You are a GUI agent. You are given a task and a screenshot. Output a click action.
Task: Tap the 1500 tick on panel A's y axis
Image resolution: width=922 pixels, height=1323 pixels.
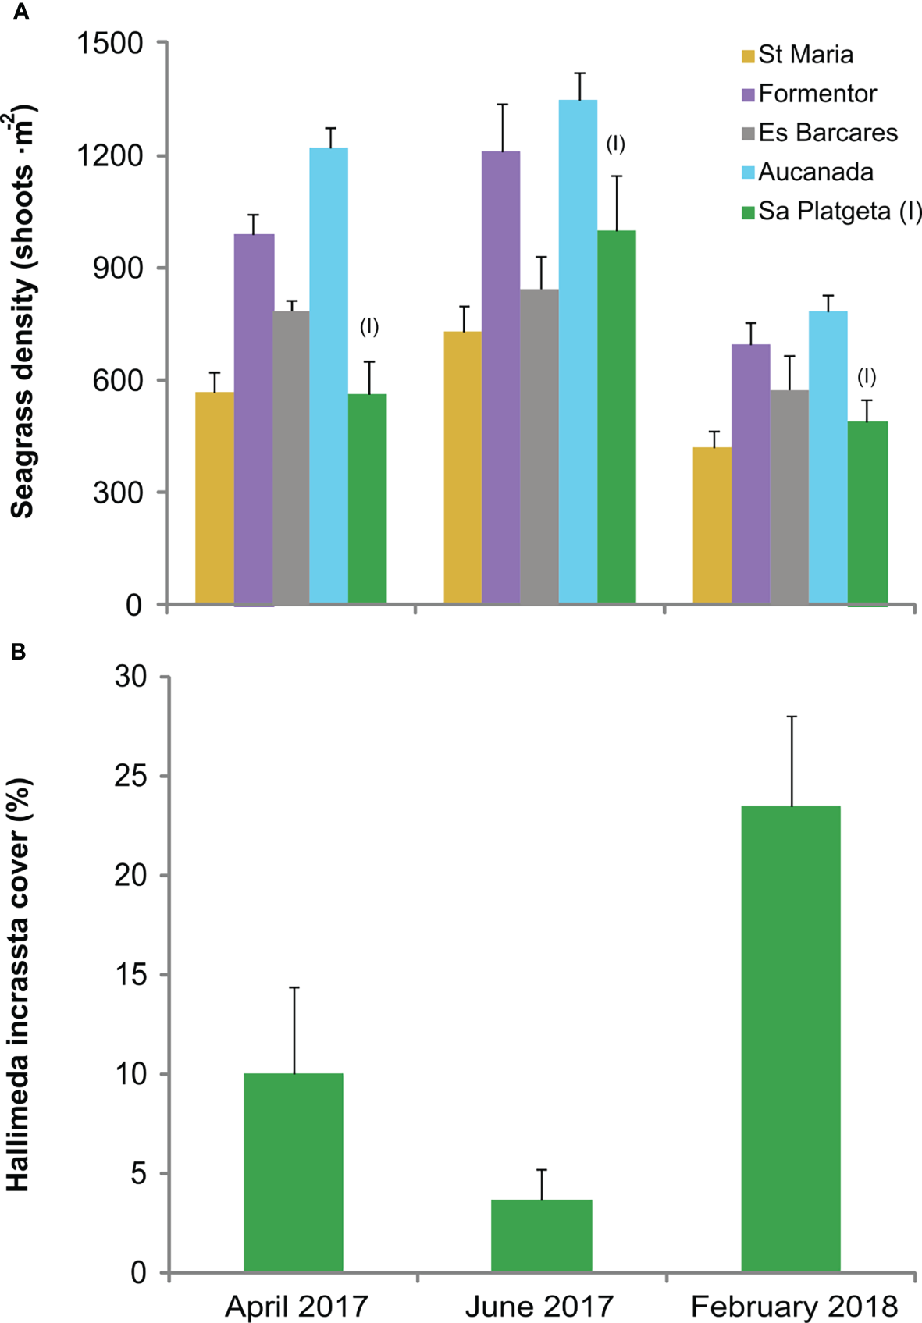[110, 43]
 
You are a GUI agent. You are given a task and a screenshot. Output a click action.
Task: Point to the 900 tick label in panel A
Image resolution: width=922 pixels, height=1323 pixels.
[118, 268]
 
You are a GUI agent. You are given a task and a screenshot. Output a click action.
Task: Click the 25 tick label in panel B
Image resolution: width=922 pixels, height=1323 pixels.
[130, 777]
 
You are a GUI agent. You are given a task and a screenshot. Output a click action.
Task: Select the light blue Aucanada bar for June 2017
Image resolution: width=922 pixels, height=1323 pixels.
[578, 351]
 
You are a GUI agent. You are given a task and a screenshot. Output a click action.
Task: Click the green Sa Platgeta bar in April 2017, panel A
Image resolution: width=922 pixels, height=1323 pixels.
[367, 499]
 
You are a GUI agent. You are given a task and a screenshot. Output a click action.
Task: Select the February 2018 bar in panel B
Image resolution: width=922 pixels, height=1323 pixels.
[791, 1039]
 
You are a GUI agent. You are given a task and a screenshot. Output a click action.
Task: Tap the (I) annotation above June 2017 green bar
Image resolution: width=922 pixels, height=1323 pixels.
[615, 144]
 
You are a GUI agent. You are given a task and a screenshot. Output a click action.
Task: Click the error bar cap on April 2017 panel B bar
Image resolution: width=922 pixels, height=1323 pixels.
[294, 988]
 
